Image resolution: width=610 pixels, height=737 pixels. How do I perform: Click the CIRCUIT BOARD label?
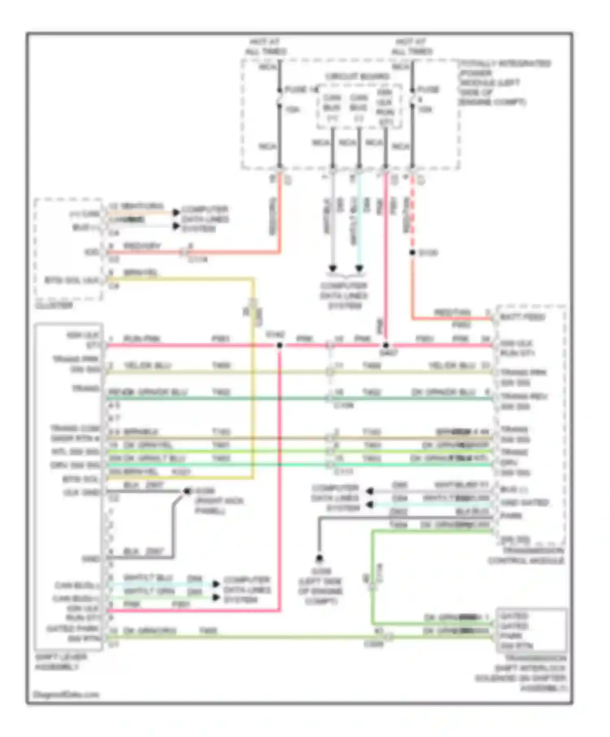(x=357, y=76)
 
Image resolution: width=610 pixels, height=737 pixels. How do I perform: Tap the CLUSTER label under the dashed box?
(x=54, y=305)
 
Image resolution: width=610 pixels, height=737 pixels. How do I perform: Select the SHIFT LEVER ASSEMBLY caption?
(x=61, y=662)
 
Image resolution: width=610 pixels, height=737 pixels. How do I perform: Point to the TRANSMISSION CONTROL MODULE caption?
(x=526, y=555)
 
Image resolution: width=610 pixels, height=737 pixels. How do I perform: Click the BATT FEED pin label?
(x=523, y=317)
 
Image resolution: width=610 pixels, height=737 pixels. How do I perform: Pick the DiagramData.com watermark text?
(x=66, y=695)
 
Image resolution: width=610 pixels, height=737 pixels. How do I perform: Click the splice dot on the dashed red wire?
(x=412, y=253)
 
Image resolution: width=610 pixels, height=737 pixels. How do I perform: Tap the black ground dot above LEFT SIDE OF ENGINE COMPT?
(x=320, y=558)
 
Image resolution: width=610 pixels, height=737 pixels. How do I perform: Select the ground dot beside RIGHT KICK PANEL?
(x=187, y=491)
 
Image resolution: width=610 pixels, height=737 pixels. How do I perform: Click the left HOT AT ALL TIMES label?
(x=266, y=47)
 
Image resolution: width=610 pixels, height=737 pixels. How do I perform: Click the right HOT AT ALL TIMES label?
(x=412, y=47)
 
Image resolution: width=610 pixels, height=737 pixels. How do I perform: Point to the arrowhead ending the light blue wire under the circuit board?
(x=359, y=269)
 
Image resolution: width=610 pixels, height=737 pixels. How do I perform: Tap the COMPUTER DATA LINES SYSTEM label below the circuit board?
(x=344, y=295)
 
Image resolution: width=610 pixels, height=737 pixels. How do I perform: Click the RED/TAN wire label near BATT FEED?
(x=452, y=312)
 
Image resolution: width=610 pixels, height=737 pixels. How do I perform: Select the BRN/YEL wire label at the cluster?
(x=140, y=272)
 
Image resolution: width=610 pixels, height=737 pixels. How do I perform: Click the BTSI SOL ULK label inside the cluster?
(x=72, y=280)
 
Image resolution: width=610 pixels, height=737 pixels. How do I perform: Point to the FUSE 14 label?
(x=301, y=89)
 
